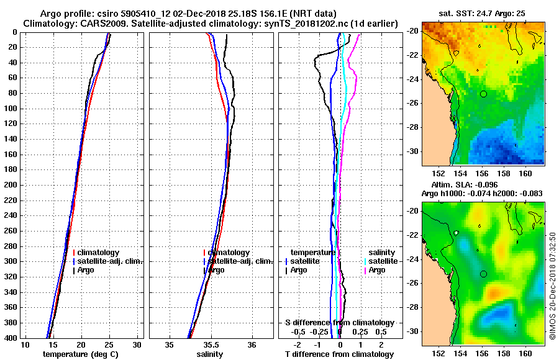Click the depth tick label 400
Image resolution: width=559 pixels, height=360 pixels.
pyautogui.click(x=11, y=338)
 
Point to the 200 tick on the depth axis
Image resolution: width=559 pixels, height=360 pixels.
pyautogui.click(x=11, y=185)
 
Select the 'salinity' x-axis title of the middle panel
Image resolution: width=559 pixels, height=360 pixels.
pyautogui.click(x=211, y=354)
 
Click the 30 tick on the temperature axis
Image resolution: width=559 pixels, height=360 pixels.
pyautogui.click(x=137, y=344)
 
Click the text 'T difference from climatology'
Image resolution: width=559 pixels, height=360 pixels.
pyautogui.click(x=339, y=354)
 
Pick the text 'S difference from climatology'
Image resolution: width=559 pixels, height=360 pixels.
pyautogui.click(x=339, y=323)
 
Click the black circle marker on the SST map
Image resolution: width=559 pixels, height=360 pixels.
pyautogui.click(x=483, y=94)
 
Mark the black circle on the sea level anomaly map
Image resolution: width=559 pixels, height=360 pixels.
pyautogui.click(x=483, y=274)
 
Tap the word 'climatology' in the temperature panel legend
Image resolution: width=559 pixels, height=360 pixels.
pyautogui.click(x=99, y=253)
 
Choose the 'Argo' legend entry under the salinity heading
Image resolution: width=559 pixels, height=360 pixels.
pyautogui.click(x=377, y=270)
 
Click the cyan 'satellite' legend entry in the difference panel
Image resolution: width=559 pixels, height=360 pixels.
pyautogui.click(x=383, y=261)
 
